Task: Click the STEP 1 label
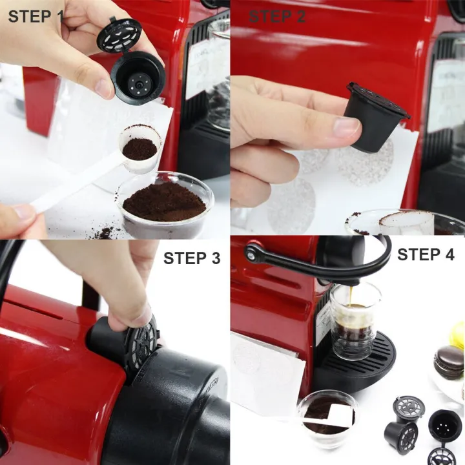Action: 36,16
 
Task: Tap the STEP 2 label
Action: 277,17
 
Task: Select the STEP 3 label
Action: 191,258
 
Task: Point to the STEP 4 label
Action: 426,254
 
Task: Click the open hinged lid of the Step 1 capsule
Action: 119,35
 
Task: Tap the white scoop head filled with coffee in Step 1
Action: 140,149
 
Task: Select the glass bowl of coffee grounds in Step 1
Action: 165,203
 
